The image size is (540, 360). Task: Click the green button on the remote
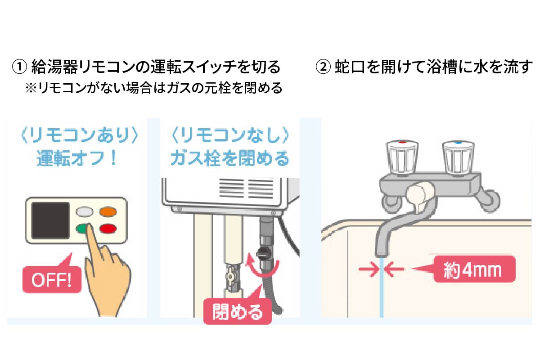pyautogui.click(x=82, y=228)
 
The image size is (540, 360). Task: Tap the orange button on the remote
pyautogui.click(x=108, y=211)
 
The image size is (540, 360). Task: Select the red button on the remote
pyautogui.click(x=108, y=229)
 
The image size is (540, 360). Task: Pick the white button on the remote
pyautogui.click(x=85, y=211)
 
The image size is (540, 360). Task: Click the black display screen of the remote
pyautogui.click(x=50, y=220)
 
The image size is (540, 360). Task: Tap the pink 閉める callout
pyautogui.click(x=238, y=309)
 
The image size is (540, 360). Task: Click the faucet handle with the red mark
pyautogui.click(x=402, y=157)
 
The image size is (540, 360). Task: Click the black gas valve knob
pyautogui.click(x=261, y=253)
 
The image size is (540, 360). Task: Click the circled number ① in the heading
pyautogui.click(x=19, y=67)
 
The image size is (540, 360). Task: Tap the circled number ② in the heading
pyautogui.click(x=323, y=67)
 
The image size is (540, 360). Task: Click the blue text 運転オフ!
pyautogui.click(x=76, y=158)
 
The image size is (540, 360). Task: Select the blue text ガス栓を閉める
pyautogui.click(x=229, y=158)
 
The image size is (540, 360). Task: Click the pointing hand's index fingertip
pyautogui.click(x=89, y=225)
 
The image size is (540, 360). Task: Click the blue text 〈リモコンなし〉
pyautogui.click(x=229, y=135)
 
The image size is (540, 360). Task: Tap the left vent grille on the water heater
pyautogui.click(x=231, y=188)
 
